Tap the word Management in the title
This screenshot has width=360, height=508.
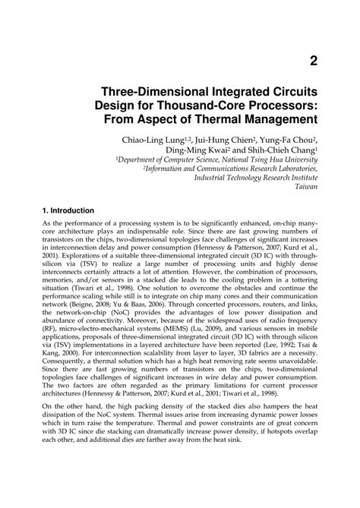pyautogui.click(x=280, y=119)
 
